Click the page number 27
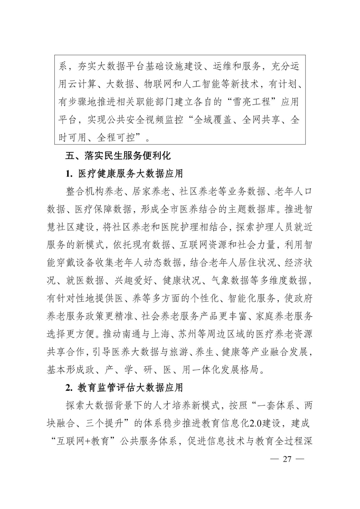click(x=287, y=460)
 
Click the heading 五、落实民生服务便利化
click(x=118, y=156)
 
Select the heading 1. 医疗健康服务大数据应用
click(x=124, y=174)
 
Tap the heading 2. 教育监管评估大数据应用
click(x=124, y=387)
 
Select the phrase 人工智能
click(x=206, y=84)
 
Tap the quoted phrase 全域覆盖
click(x=213, y=120)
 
